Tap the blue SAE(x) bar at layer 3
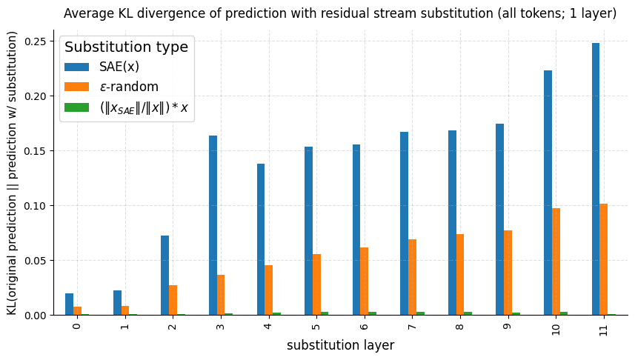coord(213,225)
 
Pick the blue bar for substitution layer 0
coord(69,304)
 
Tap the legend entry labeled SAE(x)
coord(119,67)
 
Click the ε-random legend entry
coord(128,87)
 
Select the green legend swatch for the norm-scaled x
coord(76,107)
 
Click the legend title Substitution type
coord(126,47)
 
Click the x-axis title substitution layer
coord(340,346)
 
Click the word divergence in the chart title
coord(190,13)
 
